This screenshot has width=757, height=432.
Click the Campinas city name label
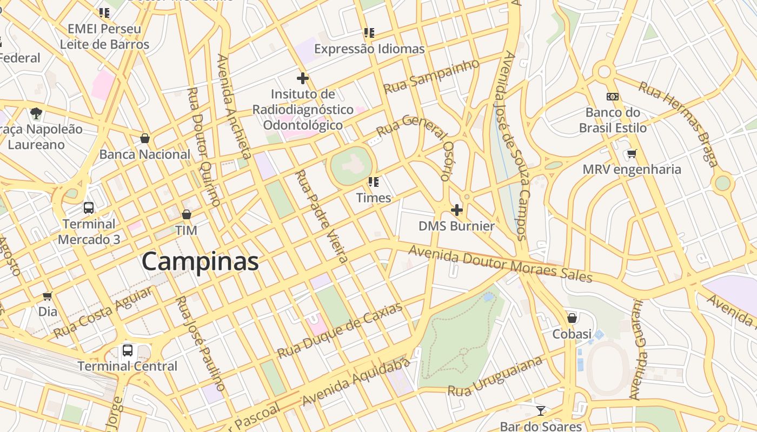200,262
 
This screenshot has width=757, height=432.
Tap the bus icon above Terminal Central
128,350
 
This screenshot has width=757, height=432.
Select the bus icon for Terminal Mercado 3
89,208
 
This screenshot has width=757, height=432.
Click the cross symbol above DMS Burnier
457,210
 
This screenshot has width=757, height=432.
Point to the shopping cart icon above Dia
48,296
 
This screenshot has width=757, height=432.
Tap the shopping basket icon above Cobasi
572,318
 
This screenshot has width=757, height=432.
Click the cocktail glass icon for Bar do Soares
540,410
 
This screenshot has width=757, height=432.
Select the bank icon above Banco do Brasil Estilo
612,97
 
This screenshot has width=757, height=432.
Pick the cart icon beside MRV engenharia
632,154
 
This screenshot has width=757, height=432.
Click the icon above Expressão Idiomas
369,33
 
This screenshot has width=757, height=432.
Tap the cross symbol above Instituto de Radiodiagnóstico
303,78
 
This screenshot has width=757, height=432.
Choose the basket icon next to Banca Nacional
144,138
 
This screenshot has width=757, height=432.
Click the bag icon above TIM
187,214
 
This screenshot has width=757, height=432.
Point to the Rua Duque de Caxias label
340,330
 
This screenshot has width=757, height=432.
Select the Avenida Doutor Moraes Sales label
500,264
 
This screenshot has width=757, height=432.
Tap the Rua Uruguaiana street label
495,376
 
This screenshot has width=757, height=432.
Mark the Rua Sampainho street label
431,76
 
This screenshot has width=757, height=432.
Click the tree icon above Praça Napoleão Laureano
36,113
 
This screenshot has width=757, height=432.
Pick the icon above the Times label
373,182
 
